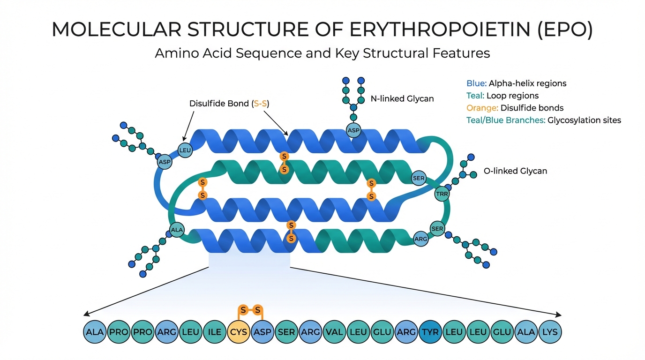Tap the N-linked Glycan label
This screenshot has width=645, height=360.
point(403,98)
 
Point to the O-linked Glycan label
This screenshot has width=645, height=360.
point(515,171)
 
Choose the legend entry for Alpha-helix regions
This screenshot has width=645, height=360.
point(516,83)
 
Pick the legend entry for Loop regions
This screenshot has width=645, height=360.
point(502,96)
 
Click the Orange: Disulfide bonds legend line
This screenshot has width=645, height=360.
point(515,108)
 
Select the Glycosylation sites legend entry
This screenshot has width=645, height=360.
point(543,120)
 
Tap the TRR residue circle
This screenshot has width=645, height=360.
point(442,194)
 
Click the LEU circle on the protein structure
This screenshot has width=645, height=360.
point(186,150)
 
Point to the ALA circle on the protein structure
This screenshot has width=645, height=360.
point(177,230)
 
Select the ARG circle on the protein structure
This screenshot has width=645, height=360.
point(421,239)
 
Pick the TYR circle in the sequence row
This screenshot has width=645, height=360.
point(430,332)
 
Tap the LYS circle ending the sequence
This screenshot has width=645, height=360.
point(550,332)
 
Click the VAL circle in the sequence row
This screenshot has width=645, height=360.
point(334,332)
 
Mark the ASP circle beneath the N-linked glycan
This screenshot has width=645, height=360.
point(353,131)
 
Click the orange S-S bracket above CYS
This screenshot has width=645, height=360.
point(250,310)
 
